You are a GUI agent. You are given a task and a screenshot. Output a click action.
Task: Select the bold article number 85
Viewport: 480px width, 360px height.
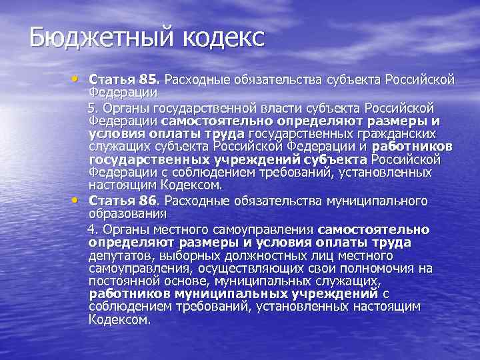(x=147, y=81)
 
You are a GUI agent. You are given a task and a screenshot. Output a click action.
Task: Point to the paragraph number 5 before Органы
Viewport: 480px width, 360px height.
(x=93, y=107)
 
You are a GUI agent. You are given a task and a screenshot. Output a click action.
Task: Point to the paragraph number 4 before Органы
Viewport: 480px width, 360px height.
(x=93, y=229)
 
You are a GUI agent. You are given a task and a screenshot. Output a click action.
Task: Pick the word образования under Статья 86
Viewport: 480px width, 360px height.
(x=127, y=213)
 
